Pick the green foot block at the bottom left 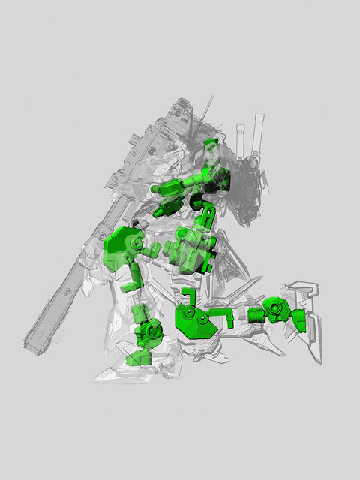point(139,358)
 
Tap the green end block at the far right point(298,319)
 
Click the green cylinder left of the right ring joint point(252,313)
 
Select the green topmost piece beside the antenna point(211,143)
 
